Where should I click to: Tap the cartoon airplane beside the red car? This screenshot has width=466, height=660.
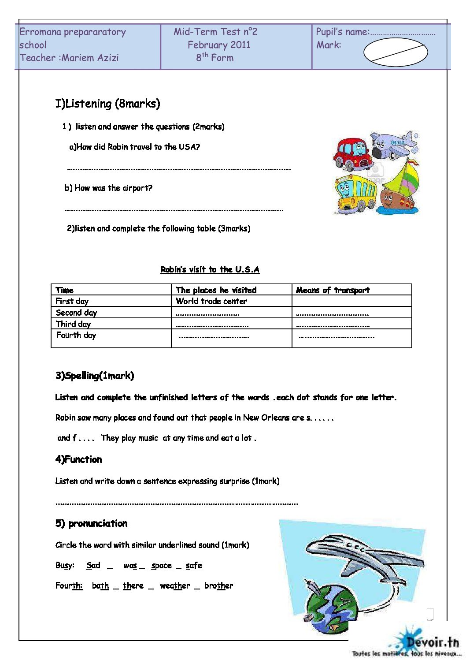click(394, 145)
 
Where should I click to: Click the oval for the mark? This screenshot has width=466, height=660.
click(395, 52)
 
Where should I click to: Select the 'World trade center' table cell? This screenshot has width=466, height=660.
click(211, 301)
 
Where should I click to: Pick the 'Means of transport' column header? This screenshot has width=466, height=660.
click(333, 290)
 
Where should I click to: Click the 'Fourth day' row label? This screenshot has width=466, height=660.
click(76, 335)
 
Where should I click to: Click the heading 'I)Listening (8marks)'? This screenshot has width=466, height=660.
click(107, 104)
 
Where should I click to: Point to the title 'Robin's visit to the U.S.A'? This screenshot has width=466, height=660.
click(210, 269)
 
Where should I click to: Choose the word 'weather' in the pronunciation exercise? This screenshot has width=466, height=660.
click(175, 586)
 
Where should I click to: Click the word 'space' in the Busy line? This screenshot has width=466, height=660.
click(161, 566)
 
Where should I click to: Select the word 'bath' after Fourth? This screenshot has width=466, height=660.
click(100, 586)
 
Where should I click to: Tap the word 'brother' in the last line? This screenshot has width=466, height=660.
click(218, 586)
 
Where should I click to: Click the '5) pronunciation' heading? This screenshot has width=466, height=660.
click(91, 524)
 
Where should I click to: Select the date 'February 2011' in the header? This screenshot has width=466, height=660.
click(219, 45)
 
